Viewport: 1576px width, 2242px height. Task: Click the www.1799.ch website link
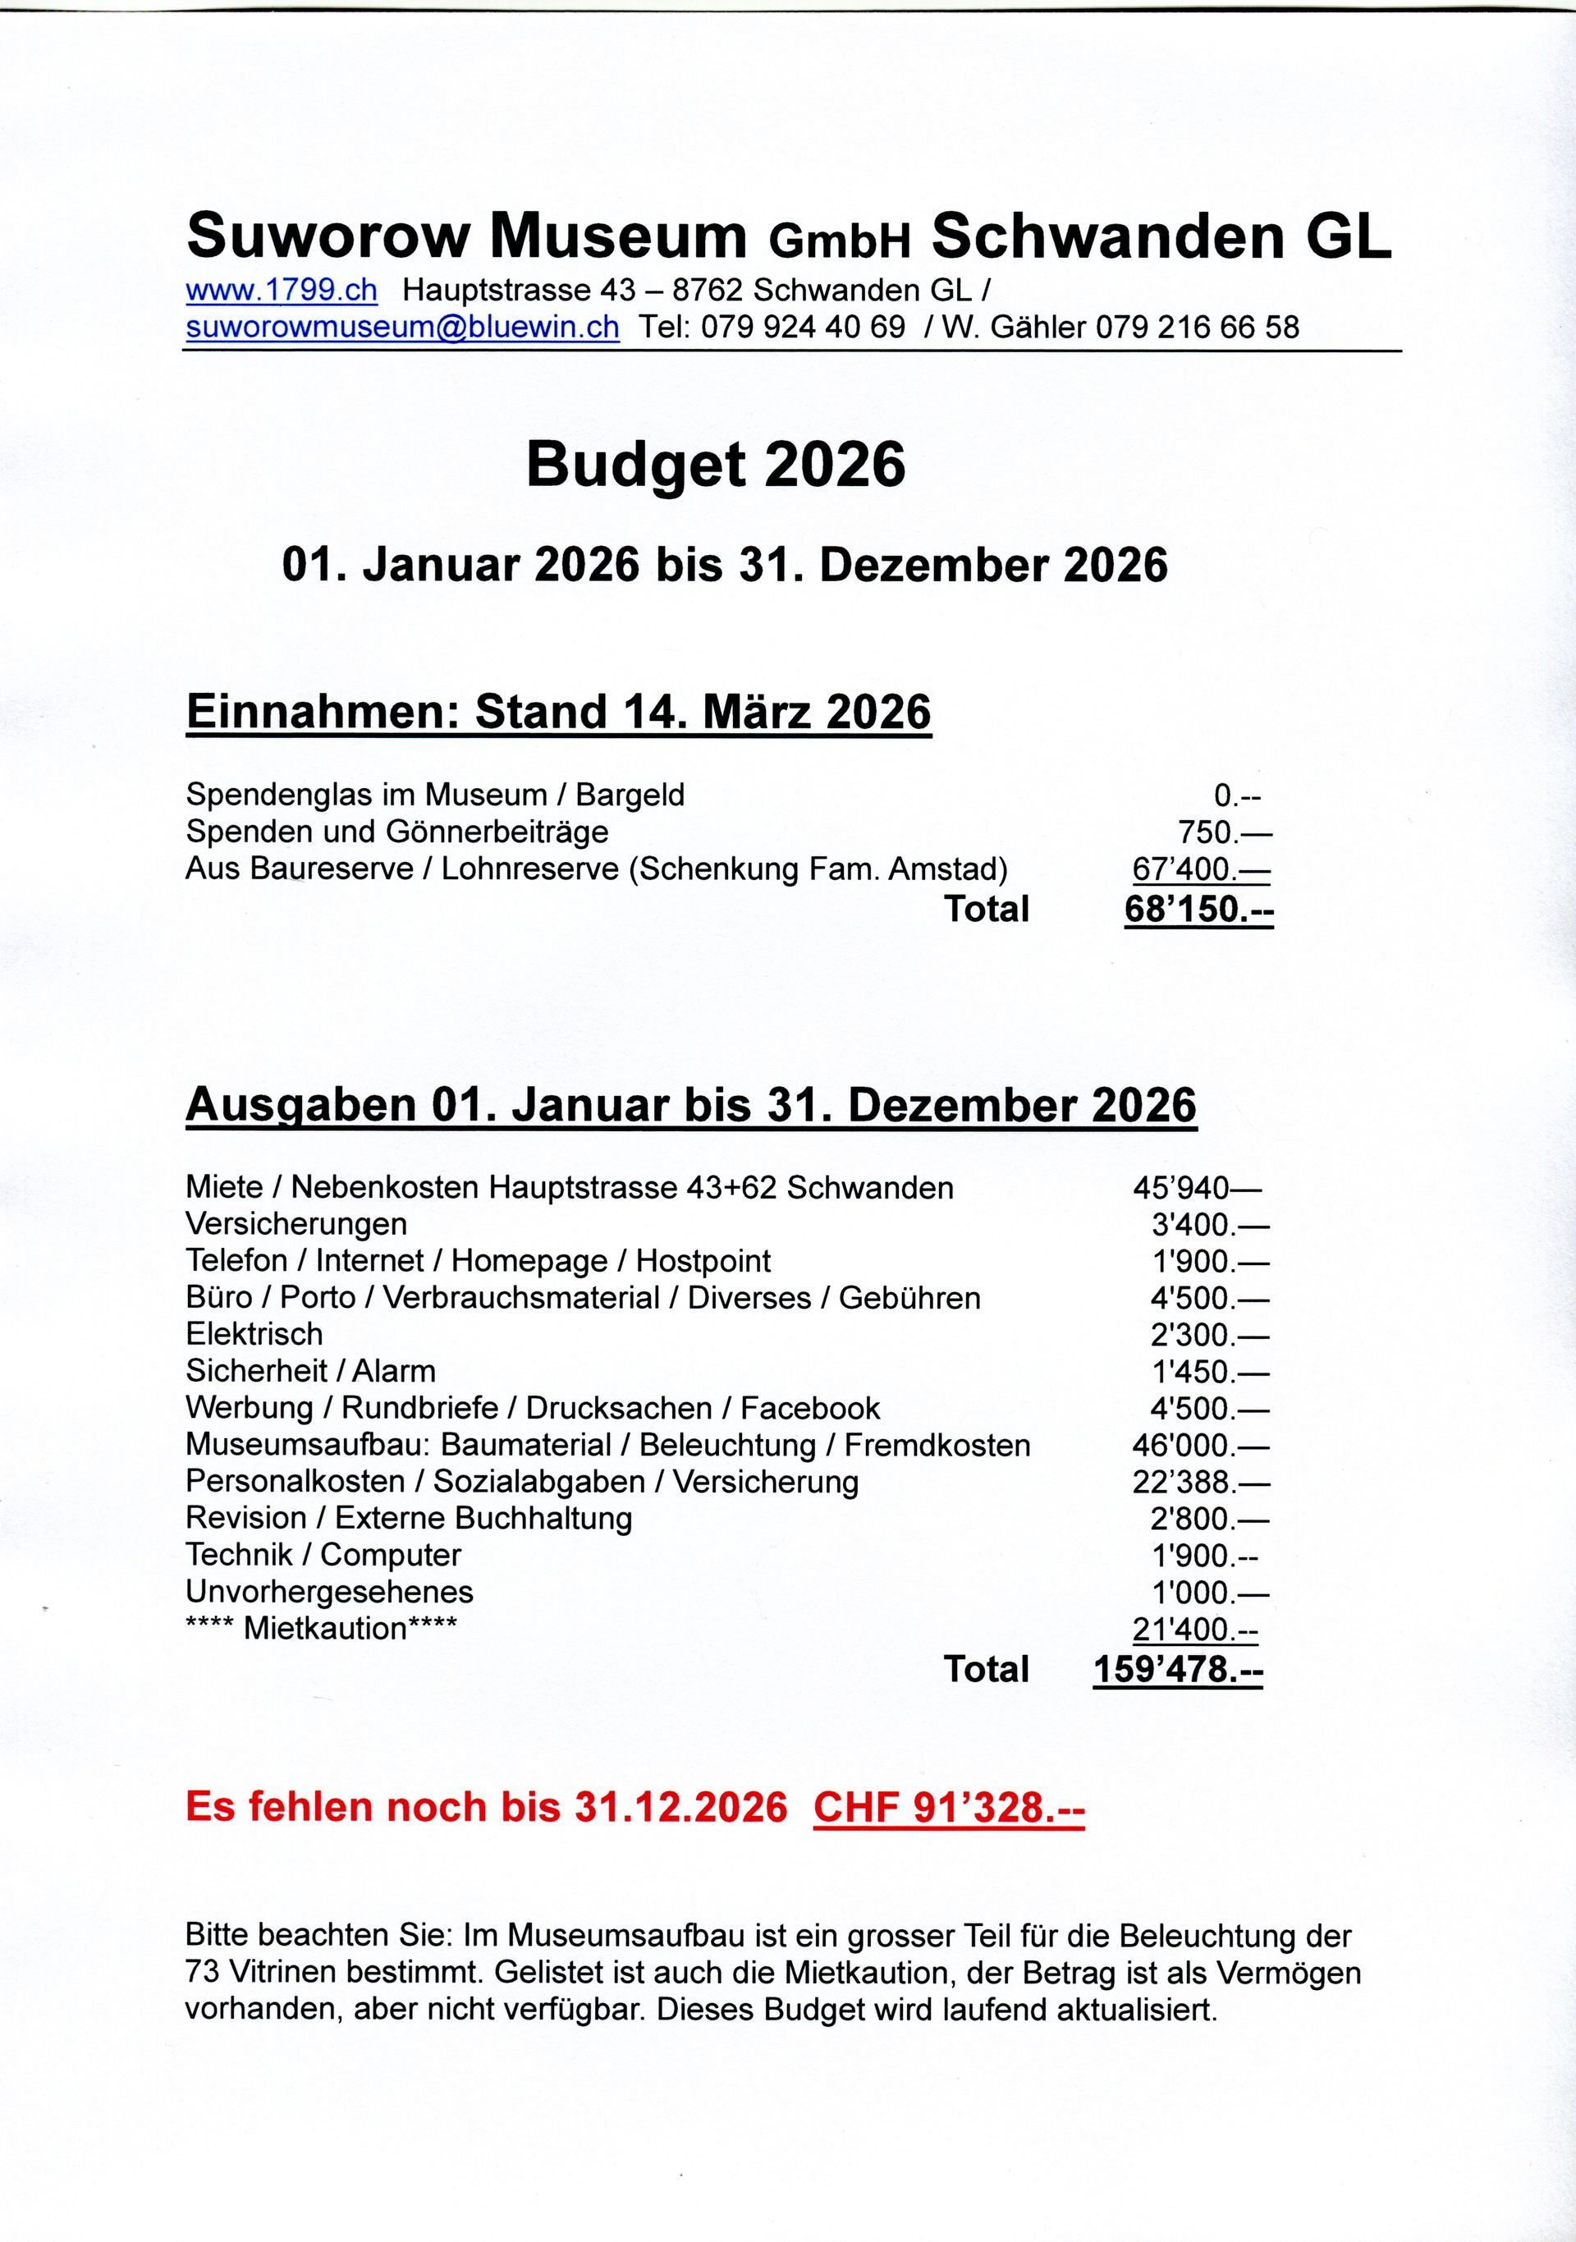pyautogui.click(x=282, y=290)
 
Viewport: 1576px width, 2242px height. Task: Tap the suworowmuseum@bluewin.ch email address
pyautogui.click(x=402, y=327)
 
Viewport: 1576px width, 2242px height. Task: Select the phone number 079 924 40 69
pyautogui.click(x=803, y=327)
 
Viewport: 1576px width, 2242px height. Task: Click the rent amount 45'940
pyautogui.click(x=1196, y=1189)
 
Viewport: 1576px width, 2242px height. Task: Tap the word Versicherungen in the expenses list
pyautogui.click(x=295, y=1225)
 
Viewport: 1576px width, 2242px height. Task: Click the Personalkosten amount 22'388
pyautogui.click(x=1200, y=1483)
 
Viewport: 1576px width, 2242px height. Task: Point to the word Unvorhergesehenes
pyautogui.click(x=329, y=1593)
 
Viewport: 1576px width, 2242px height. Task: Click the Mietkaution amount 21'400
pyautogui.click(x=1194, y=1629)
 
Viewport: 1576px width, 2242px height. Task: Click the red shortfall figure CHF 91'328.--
pyautogui.click(x=947, y=1808)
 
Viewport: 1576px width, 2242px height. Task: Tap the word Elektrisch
pyautogui.click(x=254, y=1334)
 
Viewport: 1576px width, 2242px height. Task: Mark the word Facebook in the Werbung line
pyautogui.click(x=809, y=1408)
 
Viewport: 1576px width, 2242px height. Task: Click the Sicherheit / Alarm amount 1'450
pyautogui.click(x=1210, y=1372)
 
